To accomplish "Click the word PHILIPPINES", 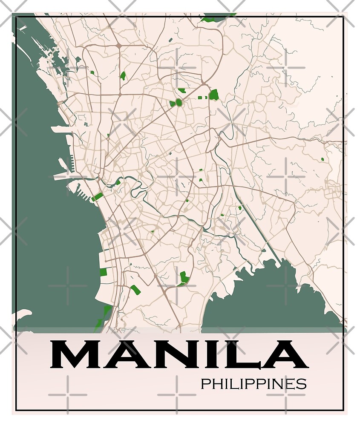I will (253, 384).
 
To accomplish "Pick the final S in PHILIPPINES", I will (302, 384).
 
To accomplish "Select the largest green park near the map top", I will (213, 94).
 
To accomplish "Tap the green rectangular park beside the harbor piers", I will (98, 196).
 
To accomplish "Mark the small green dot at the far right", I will (323, 159).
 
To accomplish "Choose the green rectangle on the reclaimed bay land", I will (103, 271).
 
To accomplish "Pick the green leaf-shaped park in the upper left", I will (123, 76).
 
